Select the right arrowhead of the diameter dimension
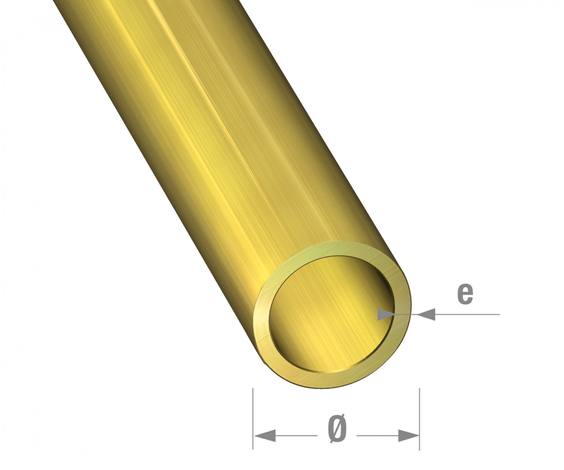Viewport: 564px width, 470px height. tap(408, 435)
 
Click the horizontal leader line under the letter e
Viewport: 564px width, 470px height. tap(467, 314)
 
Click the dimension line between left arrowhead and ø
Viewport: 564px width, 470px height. tap(297, 435)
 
